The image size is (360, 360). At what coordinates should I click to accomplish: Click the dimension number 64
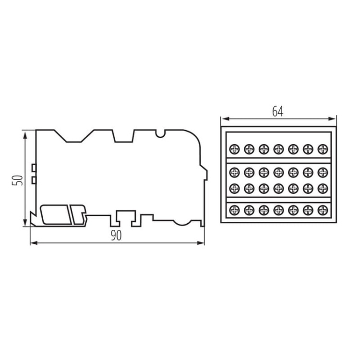[x=277, y=111]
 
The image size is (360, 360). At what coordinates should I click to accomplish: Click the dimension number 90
[x=116, y=235]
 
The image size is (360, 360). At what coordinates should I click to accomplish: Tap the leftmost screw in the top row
[x=234, y=148]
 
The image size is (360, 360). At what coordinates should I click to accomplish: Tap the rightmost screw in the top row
[x=322, y=148]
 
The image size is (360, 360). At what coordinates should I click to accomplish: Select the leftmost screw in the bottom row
[x=234, y=209]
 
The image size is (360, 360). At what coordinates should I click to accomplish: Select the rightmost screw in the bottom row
[x=322, y=209]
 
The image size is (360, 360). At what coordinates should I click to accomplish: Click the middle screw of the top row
[x=278, y=148]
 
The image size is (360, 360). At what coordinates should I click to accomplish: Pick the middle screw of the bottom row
[x=278, y=209]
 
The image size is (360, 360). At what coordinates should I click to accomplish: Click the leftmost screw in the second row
[x=234, y=170]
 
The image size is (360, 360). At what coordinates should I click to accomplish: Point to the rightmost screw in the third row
[x=322, y=187]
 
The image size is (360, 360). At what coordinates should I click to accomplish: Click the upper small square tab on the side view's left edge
[x=34, y=168]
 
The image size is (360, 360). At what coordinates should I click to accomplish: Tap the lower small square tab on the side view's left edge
[x=34, y=180]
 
